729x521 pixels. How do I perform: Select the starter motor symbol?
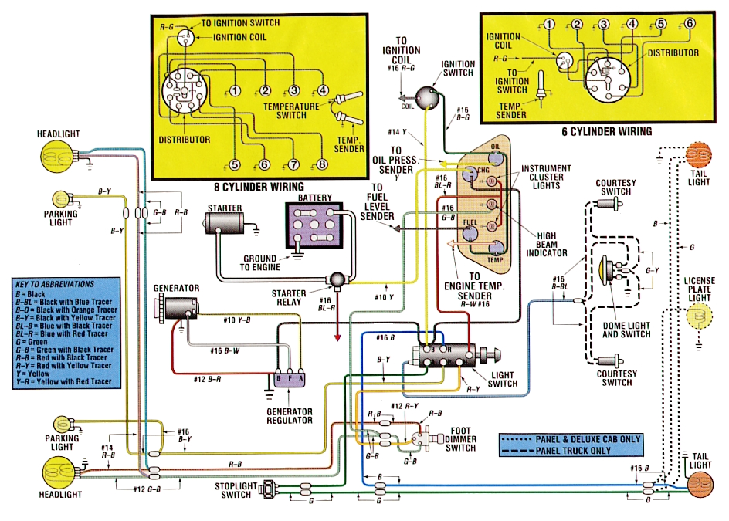point(225,224)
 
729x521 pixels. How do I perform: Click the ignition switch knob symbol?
point(426,97)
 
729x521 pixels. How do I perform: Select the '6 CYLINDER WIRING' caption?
point(606,131)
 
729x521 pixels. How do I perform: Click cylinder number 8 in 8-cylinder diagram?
point(322,164)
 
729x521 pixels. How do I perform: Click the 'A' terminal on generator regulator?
point(300,379)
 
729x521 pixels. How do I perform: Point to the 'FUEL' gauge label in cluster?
point(468,222)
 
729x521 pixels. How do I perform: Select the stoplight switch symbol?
point(270,489)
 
